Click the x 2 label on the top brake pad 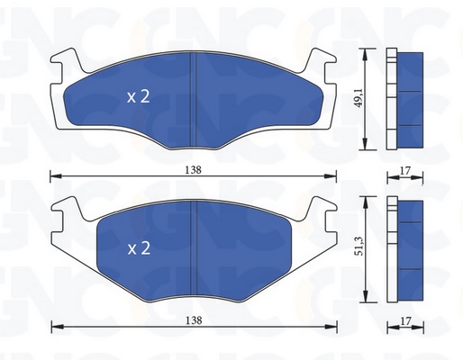[x=138, y=97]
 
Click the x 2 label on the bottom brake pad [x=139, y=248]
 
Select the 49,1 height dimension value [x=359, y=97]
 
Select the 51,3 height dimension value [x=359, y=246]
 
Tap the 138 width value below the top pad [x=193, y=170]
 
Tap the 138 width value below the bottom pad [x=194, y=320]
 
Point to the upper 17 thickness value [x=405, y=171]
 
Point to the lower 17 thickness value [x=405, y=321]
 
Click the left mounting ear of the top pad [x=67, y=61]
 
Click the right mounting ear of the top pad [x=320, y=61]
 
